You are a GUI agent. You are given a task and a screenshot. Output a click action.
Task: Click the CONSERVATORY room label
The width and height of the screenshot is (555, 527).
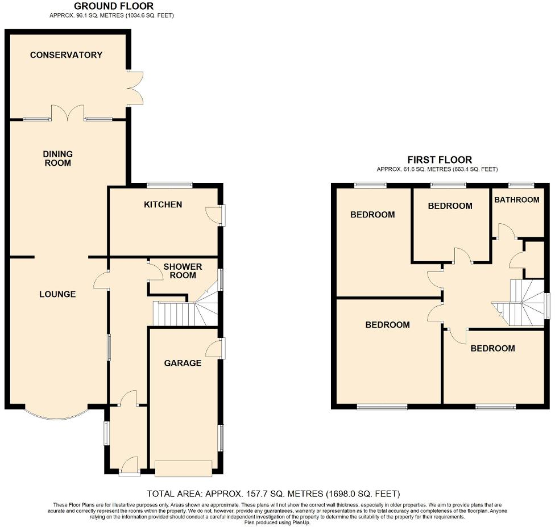pyautogui.click(x=66, y=55)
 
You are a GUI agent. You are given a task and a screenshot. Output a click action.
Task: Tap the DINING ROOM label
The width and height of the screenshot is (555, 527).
pyautogui.click(x=58, y=158)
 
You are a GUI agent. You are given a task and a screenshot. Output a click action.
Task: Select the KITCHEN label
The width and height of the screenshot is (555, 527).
pyautogui.click(x=163, y=204)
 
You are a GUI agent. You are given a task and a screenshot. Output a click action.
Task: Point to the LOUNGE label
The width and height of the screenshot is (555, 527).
pyautogui.click(x=57, y=294)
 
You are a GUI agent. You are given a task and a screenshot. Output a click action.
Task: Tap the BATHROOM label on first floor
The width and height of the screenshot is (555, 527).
pyautogui.click(x=516, y=200)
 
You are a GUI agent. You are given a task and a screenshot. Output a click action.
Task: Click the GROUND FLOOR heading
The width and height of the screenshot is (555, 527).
pyautogui.click(x=106, y=6)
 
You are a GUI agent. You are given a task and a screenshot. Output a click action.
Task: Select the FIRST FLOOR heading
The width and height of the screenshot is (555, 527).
pyautogui.click(x=440, y=160)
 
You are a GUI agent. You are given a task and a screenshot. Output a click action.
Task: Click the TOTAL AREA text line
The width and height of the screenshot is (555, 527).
pyautogui.click(x=274, y=493)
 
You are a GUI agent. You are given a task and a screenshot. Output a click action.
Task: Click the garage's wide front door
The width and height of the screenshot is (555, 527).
pyautogui.click(x=183, y=469)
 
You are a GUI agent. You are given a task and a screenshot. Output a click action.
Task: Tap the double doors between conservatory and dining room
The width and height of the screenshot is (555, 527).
pyautogui.click(x=68, y=113)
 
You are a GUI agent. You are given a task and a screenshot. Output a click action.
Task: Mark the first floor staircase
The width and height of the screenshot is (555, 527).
pyautogui.click(x=521, y=303)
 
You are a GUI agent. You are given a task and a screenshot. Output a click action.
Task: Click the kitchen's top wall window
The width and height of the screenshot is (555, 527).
pyautogui.click(x=169, y=185)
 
